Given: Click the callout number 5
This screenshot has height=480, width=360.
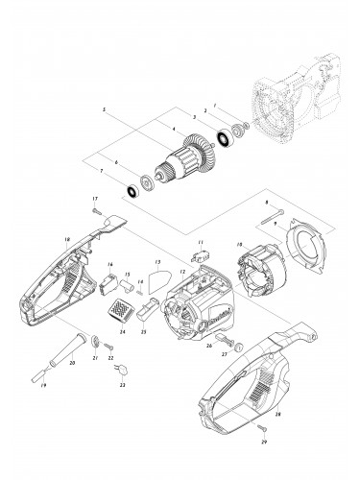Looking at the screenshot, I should (104, 110).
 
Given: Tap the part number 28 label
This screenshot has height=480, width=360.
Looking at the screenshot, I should (277, 415).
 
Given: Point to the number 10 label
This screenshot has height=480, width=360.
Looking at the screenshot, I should (239, 245).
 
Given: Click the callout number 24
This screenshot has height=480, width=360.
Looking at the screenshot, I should (122, 331).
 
